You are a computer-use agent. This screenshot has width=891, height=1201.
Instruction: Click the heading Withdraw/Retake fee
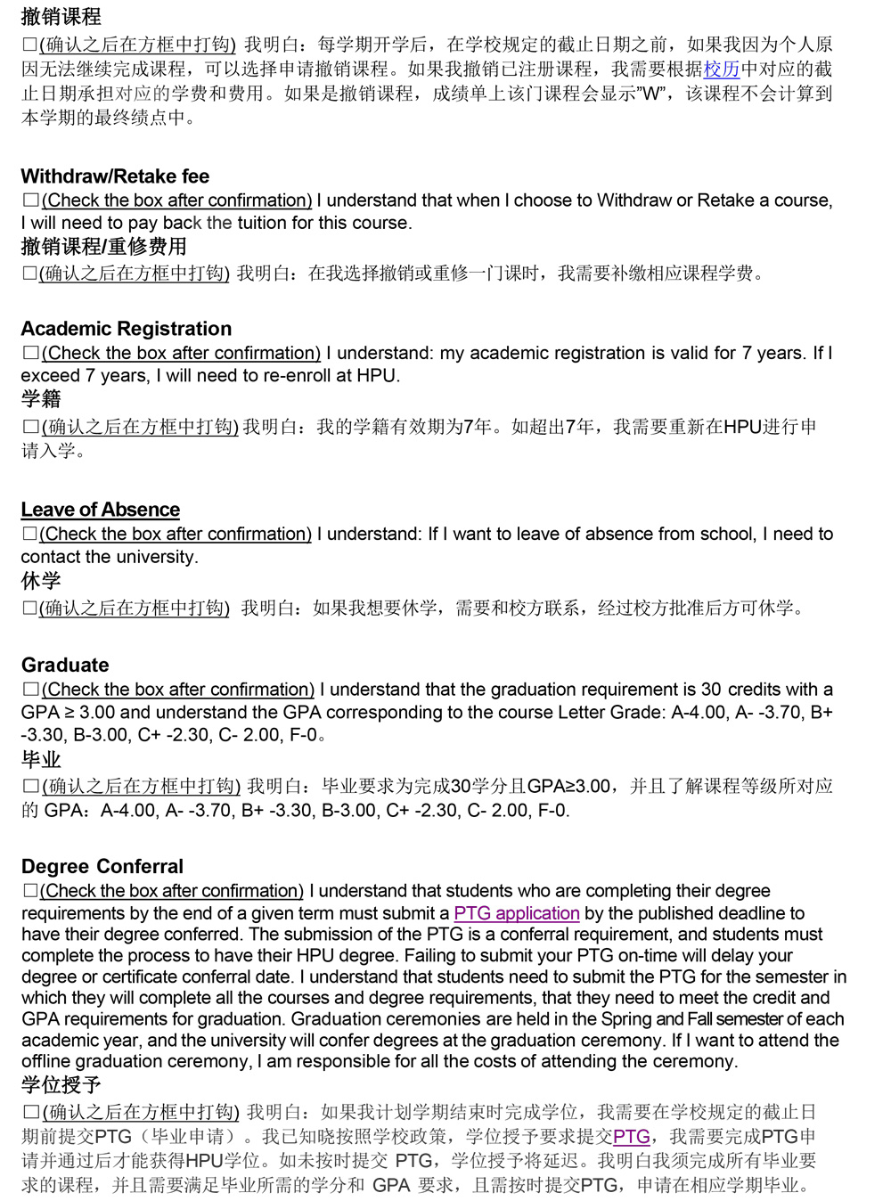pos(115,176)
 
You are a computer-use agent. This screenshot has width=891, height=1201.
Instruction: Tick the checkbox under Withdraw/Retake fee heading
pos(31,200)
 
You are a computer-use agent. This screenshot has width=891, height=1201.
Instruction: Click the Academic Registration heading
pos(126,329)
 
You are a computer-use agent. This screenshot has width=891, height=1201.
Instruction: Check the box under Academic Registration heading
pos(31,353)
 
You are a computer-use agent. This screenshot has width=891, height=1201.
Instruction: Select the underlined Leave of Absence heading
pos(101,510)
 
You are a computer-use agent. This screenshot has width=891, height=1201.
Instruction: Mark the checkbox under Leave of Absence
pos(30,534)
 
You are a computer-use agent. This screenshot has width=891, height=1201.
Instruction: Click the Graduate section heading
pos(65,665)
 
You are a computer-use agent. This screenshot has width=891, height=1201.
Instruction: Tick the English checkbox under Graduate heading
pos(31,690)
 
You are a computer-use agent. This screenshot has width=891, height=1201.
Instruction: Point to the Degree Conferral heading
pos(102,867)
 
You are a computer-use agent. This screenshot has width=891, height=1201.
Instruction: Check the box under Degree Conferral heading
pos(31,891)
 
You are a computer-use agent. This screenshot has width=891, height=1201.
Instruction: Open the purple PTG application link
pos(517,913)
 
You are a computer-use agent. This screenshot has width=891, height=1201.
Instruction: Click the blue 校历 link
pos(722,69)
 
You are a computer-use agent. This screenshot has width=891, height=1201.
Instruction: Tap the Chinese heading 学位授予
pos(61,1085)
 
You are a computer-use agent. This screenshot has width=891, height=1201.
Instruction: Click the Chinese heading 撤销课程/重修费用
pos(103,247)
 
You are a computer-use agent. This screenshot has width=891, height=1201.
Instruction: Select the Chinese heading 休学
pos(41,581)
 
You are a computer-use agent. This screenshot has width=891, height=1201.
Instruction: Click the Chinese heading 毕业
pos(41,760)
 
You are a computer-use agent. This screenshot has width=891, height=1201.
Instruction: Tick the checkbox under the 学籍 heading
pos(31,427)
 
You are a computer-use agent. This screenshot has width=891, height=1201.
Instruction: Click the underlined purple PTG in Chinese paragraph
pos(631,1137)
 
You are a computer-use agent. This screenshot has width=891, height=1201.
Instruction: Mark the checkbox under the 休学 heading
pos(30,609)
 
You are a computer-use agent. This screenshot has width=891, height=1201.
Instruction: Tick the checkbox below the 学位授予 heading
pos(31,1112)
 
